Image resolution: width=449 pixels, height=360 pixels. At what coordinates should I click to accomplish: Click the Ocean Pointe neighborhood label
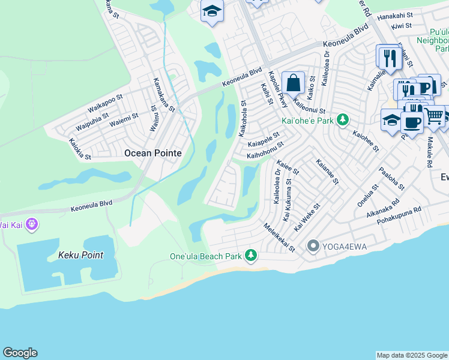152,153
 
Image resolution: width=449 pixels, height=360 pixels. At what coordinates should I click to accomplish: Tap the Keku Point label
80,255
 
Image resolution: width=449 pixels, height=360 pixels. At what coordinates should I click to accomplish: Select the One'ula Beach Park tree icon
250,256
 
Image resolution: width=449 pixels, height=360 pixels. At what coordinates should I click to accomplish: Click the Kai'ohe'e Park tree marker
342,121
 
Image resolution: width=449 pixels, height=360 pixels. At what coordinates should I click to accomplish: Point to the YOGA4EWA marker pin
313,245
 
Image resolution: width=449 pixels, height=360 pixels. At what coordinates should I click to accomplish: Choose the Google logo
20,353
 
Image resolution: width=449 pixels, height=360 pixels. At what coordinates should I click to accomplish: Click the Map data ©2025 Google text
412,355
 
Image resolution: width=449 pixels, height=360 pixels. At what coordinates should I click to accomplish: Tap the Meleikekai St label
280,238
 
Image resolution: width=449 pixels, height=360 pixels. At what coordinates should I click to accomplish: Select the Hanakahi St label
395,15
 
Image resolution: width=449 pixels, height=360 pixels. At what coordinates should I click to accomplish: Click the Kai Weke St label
308,214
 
